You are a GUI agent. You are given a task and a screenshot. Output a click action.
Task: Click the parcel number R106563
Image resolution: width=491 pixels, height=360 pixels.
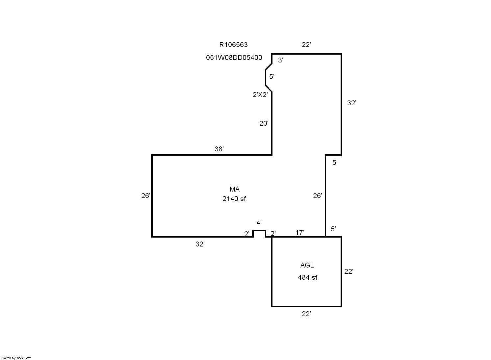[233, 44]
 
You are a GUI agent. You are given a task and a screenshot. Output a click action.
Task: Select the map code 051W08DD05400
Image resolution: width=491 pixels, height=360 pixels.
[234, 58]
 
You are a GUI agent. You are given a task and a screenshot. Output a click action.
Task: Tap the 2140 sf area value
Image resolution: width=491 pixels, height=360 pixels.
[234, 199]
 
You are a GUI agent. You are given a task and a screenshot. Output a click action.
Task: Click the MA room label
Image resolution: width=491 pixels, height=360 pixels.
[234, 189]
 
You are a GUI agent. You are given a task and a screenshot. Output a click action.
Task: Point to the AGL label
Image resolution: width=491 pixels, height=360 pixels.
[307, 265]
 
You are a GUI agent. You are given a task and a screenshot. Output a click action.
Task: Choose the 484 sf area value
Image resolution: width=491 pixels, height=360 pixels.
[307, 277]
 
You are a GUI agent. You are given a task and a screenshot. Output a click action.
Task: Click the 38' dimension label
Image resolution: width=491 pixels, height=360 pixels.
[219, 149]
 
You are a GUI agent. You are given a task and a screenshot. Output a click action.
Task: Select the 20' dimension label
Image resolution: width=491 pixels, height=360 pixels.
[264, 123]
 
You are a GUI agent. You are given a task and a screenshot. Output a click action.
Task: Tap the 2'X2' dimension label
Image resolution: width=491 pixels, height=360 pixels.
[260, 95]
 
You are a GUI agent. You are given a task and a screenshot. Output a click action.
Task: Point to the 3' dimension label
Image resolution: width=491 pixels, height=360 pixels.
[281, 60]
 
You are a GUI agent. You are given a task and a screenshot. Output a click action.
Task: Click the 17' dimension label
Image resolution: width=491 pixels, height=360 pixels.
[300, 233]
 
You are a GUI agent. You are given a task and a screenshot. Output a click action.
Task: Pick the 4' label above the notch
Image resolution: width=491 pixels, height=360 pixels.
[259, 223]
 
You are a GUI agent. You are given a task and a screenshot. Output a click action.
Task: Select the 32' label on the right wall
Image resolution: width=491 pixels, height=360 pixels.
[352, 103]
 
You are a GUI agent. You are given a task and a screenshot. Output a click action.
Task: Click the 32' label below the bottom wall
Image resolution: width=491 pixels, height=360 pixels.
[200, 244]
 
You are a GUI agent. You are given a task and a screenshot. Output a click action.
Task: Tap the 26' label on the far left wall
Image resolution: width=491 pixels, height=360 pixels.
[146, 196]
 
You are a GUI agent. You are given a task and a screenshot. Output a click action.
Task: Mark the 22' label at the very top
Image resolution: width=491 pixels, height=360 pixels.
[306, 45]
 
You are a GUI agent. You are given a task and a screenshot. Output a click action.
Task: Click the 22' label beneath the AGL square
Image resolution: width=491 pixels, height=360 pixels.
[306, 314]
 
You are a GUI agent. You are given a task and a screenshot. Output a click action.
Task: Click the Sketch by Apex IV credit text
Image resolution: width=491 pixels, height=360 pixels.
[16, 358]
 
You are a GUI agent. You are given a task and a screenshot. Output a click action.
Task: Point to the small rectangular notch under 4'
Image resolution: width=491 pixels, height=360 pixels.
[259, 234]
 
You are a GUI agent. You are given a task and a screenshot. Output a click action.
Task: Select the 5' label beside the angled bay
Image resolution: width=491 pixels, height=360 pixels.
[272, 77]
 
